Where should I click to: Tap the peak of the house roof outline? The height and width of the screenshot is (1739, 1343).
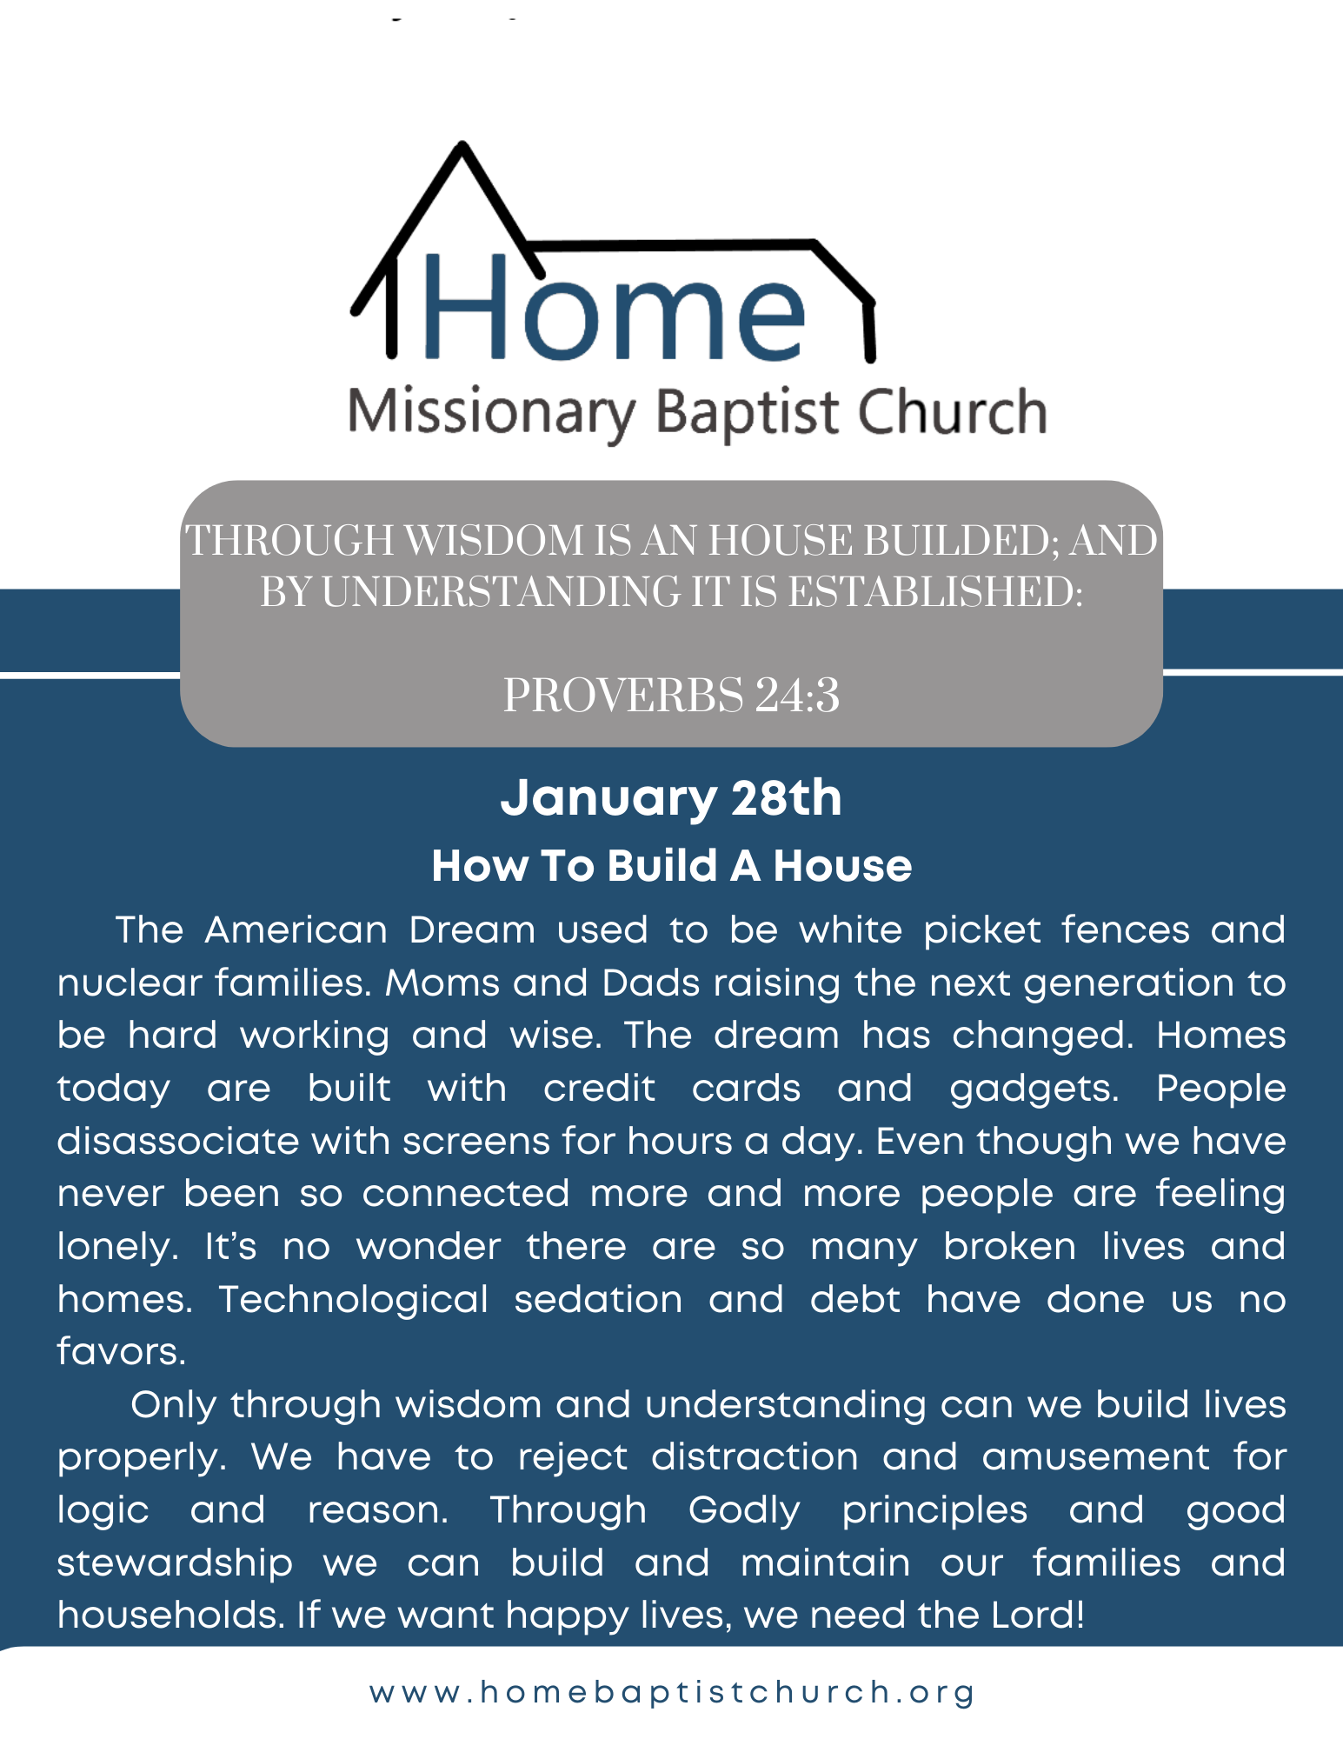(462, 145)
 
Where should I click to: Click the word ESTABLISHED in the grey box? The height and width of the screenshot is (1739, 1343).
(935, 593)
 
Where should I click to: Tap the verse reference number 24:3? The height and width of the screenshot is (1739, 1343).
(797, 696)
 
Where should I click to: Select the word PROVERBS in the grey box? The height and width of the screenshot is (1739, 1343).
(623, 696)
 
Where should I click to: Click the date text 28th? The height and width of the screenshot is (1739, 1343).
(787, 797)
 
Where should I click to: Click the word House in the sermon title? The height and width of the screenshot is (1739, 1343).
(842, 866)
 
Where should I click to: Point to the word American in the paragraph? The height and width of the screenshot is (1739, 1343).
(296, 930)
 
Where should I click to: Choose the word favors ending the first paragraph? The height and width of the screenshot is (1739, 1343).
(121, 1352)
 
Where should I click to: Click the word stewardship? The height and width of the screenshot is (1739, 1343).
(175, 1564)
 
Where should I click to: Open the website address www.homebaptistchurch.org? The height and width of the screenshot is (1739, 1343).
(672, 1692)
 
